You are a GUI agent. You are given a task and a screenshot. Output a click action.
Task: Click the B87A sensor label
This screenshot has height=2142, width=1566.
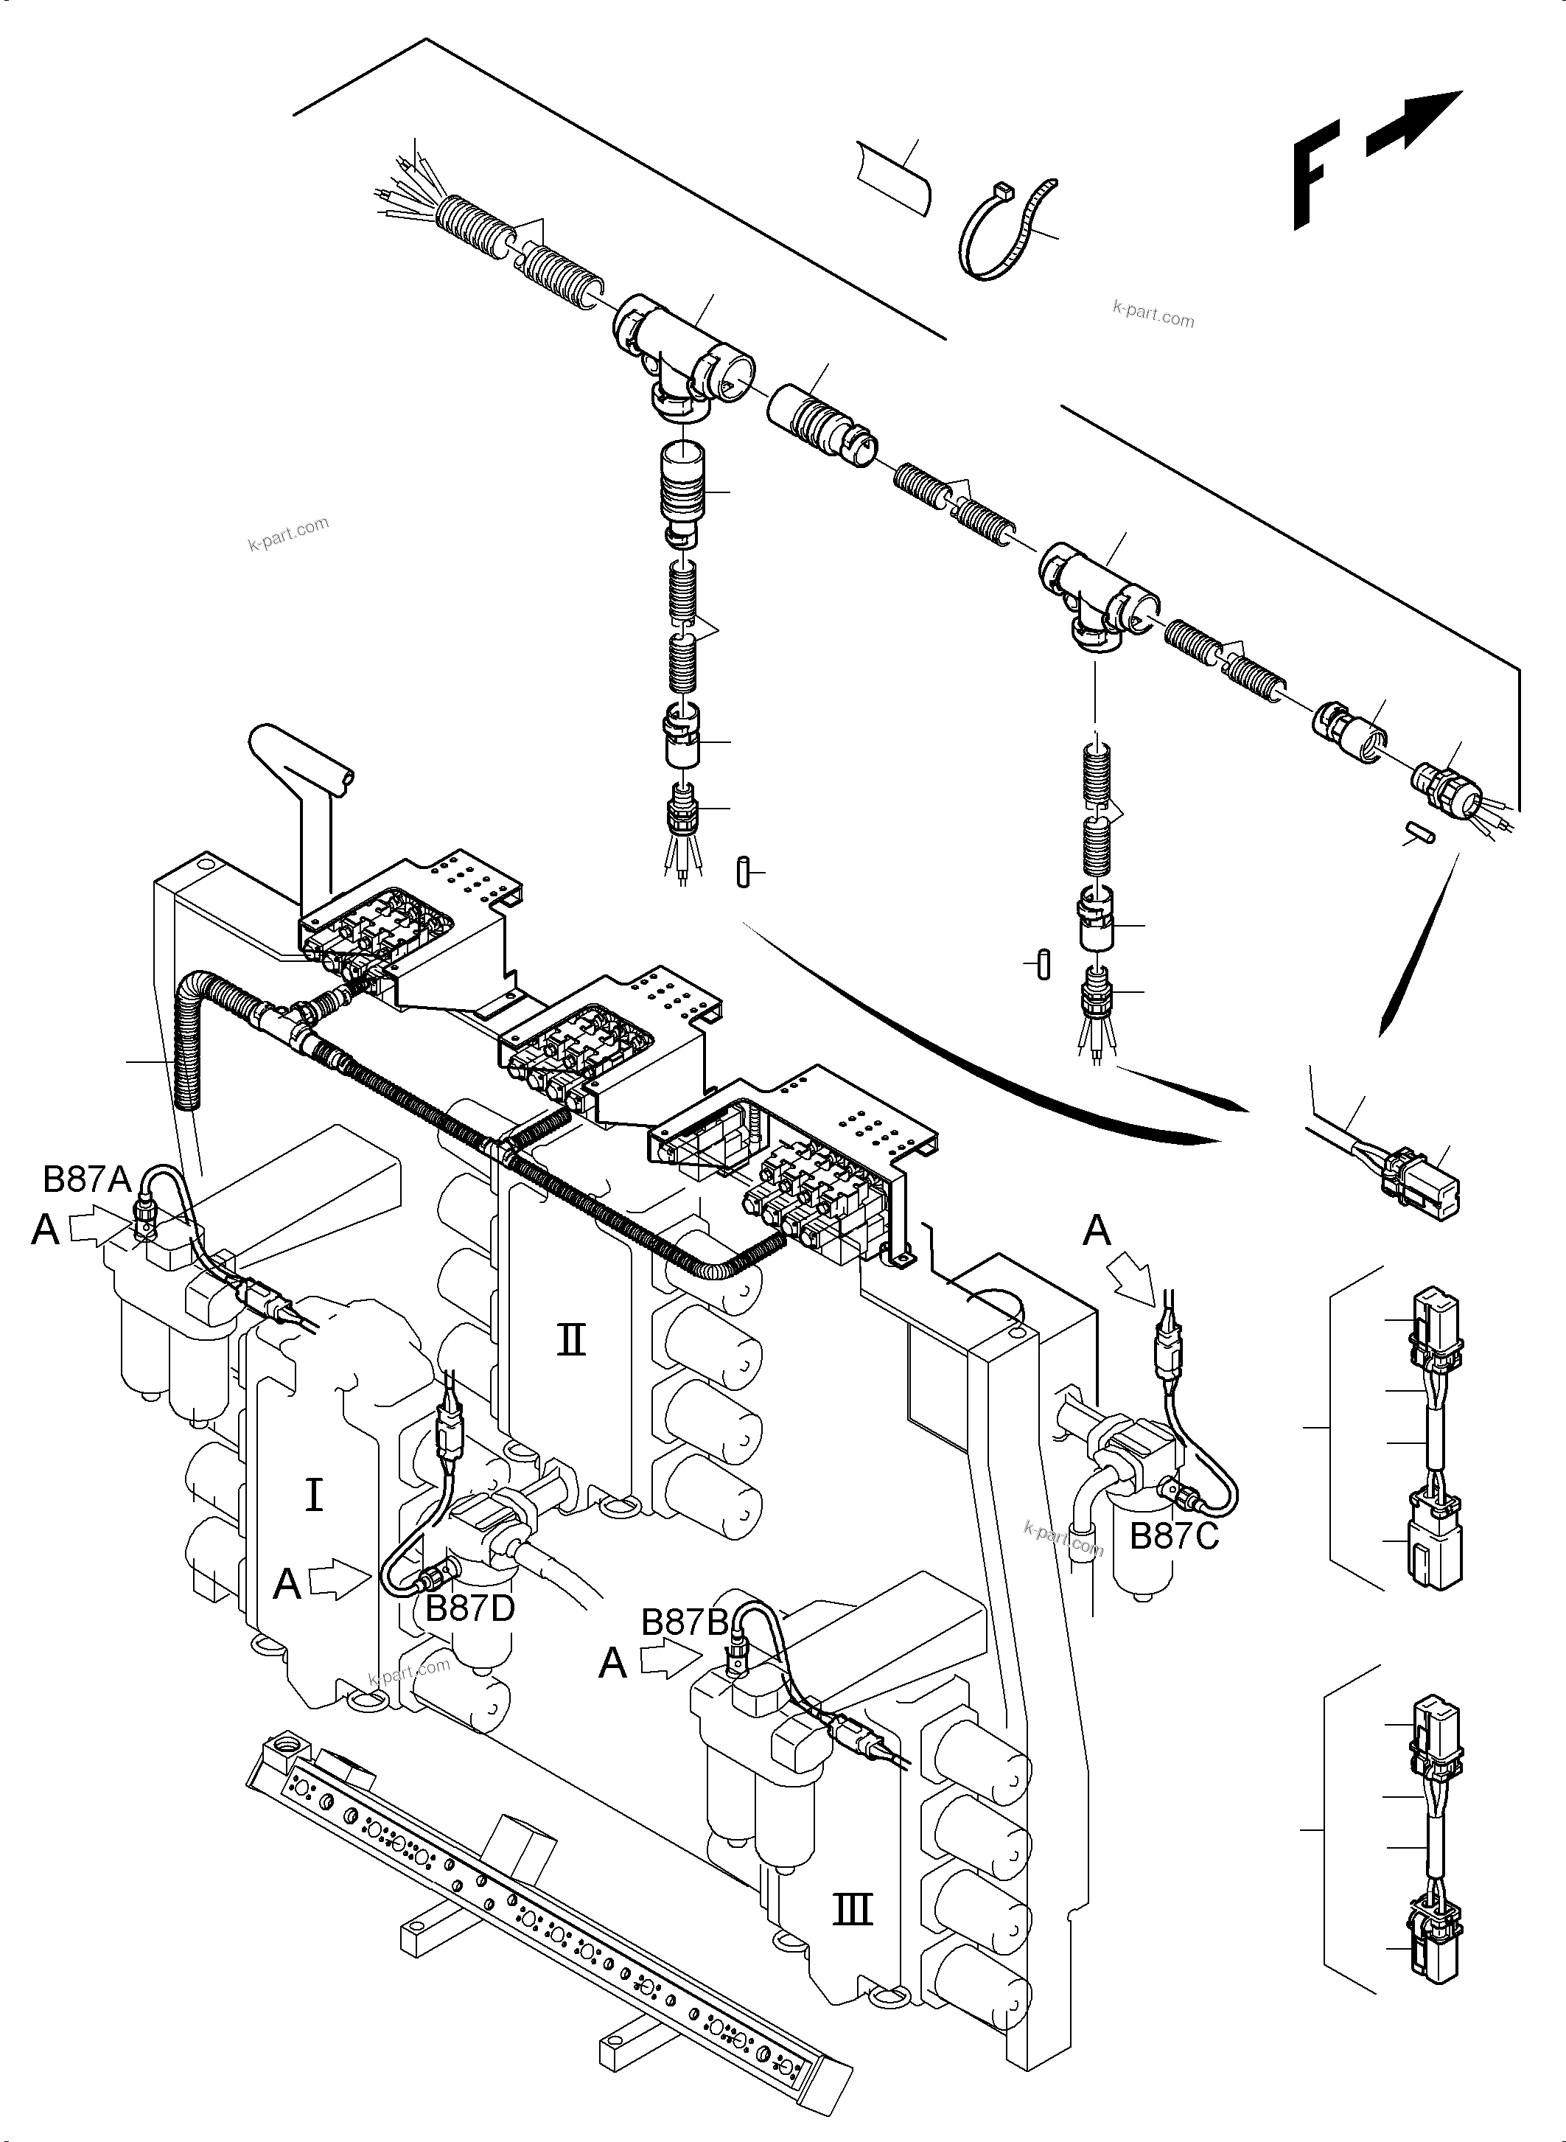click(x=86, y=1179)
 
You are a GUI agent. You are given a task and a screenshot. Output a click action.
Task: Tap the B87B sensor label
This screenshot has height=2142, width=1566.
click(x=685, y=1622)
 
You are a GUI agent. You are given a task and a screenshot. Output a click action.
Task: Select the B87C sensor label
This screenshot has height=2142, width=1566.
click(x=1173, y=1536)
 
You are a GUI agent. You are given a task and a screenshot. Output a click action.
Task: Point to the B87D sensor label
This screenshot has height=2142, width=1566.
click(x=470, y=1608)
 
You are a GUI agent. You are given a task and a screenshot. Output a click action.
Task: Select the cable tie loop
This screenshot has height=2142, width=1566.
click(x=1004, y=231)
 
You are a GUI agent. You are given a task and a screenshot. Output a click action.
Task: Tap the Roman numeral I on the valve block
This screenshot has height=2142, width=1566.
click(x=314, y=1496)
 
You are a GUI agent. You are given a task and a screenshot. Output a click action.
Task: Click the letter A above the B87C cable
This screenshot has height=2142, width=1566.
click(x=1097, y=1231)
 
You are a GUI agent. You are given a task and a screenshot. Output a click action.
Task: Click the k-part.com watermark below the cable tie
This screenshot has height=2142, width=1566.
click(x=1153, y=314)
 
